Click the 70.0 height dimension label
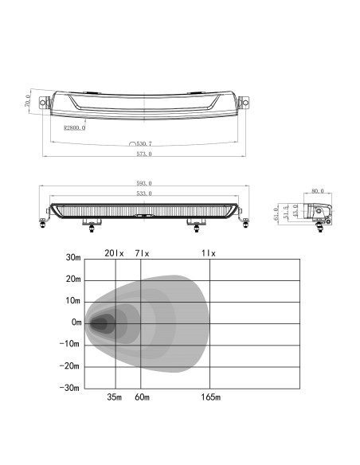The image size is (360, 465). pyautogui.click(x=28, y=103)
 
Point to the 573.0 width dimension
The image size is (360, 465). pyautogui.click(x=144, y=154)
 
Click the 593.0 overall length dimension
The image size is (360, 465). pyautogui.click(x=144, y=183)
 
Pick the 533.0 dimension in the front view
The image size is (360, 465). pyautogui.click(x=144, y=193)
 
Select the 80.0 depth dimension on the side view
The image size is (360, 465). pyautogui.click(x=318, y=191)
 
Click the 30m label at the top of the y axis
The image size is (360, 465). pyautogui.click(x=73, y=258)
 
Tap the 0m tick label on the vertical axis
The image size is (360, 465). pyautogui.click(x=76, y=323)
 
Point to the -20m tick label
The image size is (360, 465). pyautogui.click(x=72, y=366)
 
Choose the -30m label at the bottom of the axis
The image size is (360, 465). pyautogui.click(x=72, y=388)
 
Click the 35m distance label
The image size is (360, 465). pyautogui.click(x=115, y=397)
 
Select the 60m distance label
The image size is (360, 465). pyautogui.click(x=143, y=397)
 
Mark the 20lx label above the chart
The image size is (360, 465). pyautogui.click(x=115, y=252)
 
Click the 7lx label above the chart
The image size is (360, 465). pyautogui.click(x=142, y=252)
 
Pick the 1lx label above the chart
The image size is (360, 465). pyautogui.click(x=209, y=252)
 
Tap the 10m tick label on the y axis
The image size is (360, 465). pyautogui.click(x=73, y=302)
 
